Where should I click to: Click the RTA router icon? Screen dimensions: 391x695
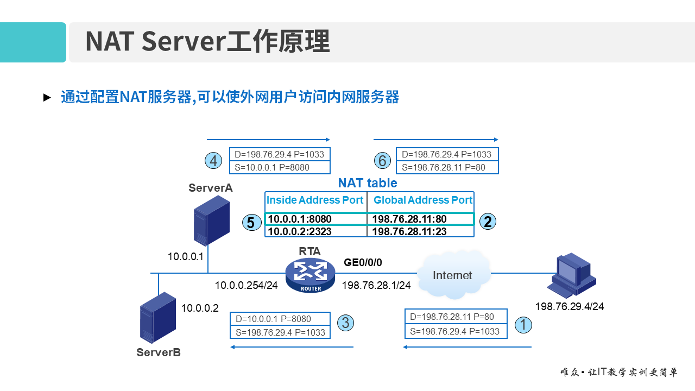(310, 275)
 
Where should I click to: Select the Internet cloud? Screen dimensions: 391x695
(452, 275)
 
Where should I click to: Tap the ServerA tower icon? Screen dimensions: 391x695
(211, 220)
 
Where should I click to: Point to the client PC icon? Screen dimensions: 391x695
(571, 276)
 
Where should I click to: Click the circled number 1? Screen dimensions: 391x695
(523, 325)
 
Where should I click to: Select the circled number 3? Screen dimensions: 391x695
(346, 323)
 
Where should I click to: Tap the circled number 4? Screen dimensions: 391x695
(213, 161)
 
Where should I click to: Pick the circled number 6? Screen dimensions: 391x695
(383, 161)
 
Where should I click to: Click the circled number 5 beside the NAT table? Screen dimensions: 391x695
(251, 223)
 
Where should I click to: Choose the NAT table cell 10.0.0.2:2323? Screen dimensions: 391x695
(300, 231)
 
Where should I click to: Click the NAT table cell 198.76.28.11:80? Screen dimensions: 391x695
(409, 219)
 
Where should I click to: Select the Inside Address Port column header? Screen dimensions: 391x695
(315, 200)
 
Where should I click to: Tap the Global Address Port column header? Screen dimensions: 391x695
(422, 200)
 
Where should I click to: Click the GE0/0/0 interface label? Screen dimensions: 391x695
(363, 262)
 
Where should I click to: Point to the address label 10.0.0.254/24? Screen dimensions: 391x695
(246, 285)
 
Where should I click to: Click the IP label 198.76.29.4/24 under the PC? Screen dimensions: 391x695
(569, 307)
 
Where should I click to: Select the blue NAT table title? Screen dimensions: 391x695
(368, 183)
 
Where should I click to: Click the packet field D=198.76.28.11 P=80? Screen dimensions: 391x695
(452, 317)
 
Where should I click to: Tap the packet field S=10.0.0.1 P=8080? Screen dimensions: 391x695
(272, 168)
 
